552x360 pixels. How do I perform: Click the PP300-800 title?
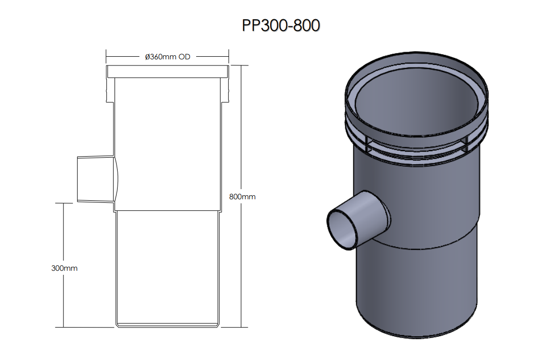(x=281, y=25)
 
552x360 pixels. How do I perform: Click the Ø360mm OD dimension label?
(x=168, y=57)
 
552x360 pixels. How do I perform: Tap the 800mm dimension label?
(x=242, y=197)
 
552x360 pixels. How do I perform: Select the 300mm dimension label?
(x=64, y=268)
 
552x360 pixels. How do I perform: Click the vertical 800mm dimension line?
(x=241, y=196)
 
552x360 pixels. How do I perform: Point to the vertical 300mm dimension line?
(x=63, y=265)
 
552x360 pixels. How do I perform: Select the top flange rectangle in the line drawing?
(x=168, y=71)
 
